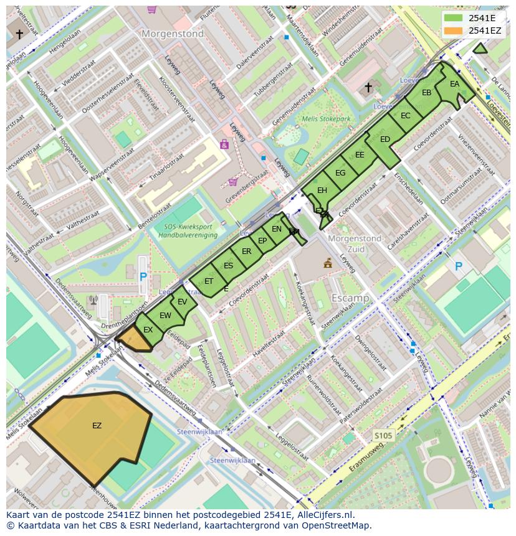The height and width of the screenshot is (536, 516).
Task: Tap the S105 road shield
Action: [383, 436]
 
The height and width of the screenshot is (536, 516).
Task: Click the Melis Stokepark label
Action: [326, 119]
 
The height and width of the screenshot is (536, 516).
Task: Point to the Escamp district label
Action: [350, 298]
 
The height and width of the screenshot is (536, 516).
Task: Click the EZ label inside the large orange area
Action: [97, 426]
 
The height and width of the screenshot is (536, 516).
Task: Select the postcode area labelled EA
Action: [454, 85]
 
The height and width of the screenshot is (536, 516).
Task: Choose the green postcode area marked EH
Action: [322, 190]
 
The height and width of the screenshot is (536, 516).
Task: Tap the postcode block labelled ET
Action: [209, 281]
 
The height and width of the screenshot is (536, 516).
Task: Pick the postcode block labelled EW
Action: [165, 316]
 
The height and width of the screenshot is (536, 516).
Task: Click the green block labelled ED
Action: [385, 139]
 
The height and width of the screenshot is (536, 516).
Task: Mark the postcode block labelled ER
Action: [247, 252]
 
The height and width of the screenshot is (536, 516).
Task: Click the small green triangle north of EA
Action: [480, 49]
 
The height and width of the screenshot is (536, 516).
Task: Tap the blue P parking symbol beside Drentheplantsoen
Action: [143, 276]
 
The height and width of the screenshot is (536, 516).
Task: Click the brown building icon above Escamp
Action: [328, 263]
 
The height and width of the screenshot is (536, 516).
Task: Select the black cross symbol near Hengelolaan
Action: [19, 34]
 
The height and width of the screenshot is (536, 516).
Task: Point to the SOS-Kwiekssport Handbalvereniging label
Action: [187, 231]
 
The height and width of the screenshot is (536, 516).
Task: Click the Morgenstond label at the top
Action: [173, 34]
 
